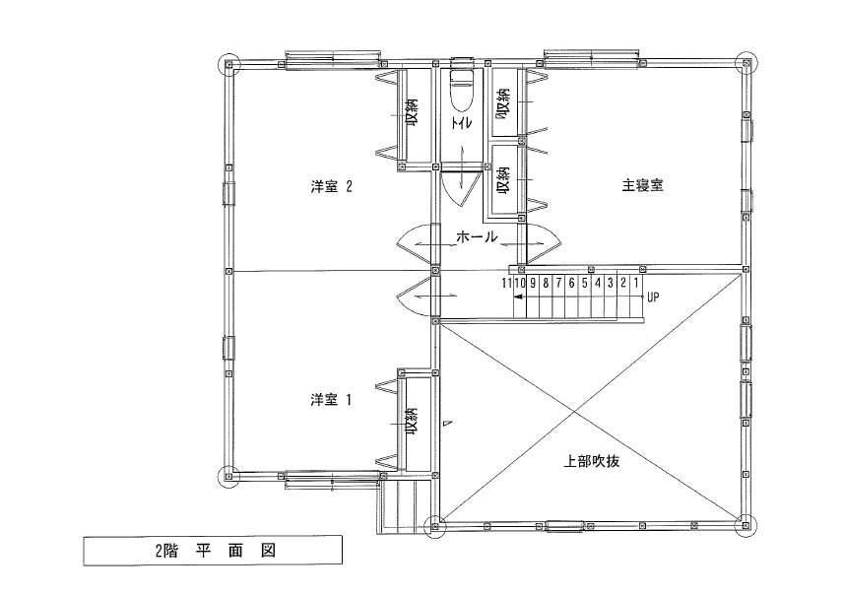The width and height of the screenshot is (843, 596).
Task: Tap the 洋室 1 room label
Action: [331, 400]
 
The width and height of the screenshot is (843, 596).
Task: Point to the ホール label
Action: [478, 237]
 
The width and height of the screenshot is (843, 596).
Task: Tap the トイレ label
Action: [459, 123]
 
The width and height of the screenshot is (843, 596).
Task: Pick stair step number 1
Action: [636, 283]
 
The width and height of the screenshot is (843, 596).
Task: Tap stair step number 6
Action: [571, 283]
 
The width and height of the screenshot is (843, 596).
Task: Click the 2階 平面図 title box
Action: [212, 551]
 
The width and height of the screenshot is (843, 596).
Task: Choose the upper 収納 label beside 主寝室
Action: [502, 102]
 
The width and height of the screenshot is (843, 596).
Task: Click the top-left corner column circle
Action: [227, 65]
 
